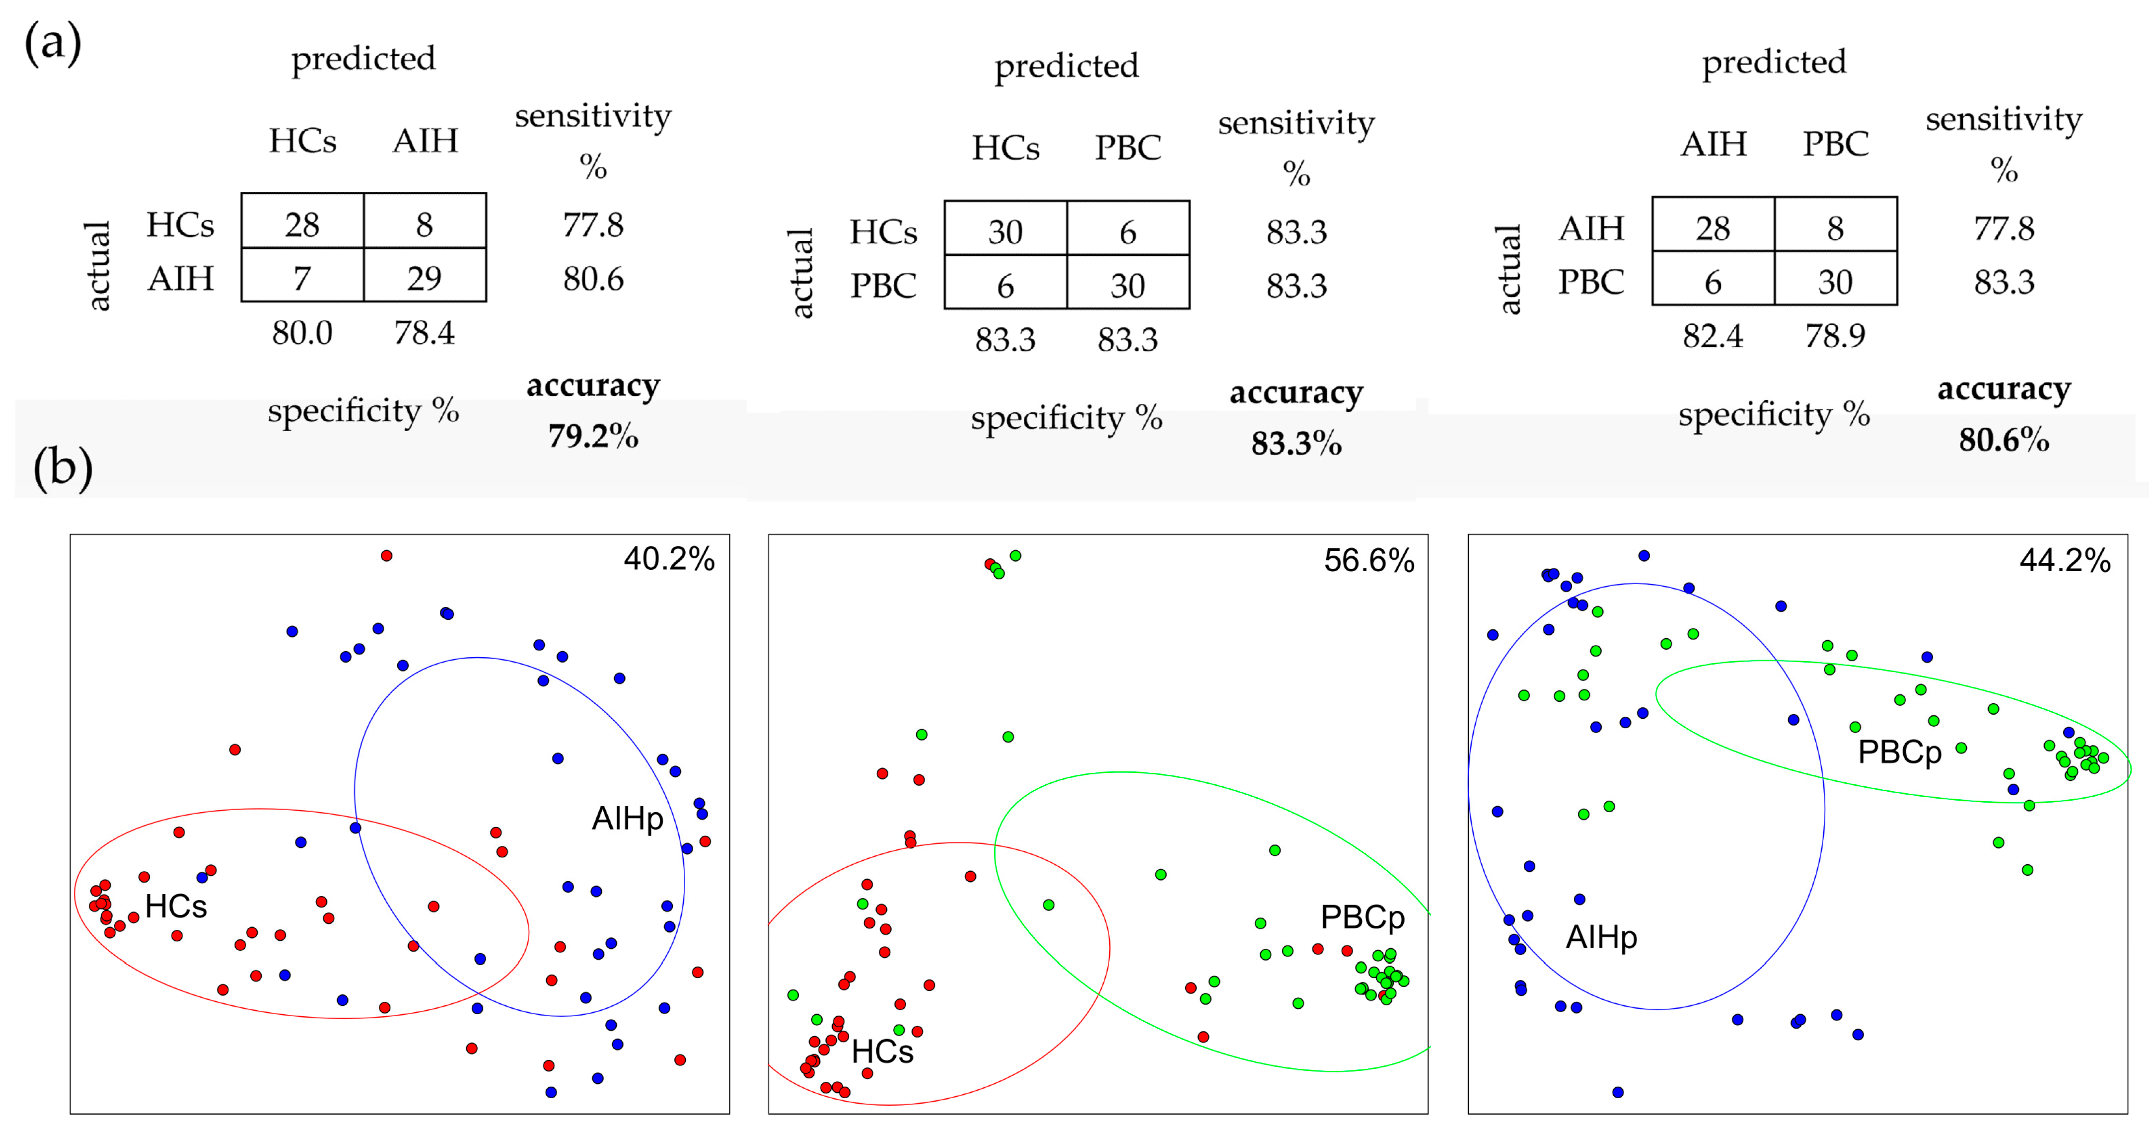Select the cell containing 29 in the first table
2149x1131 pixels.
pyautogui.click(x=424, y=278)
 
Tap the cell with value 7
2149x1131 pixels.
pyautogui.click(x=302, y=278)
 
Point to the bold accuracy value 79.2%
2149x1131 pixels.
pyautogui.click(x=593, y=436)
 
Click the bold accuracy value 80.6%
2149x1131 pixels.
pyautogui.click(x=2004, y=440)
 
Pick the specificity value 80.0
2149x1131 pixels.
pyautogui.click(x=302, y=333)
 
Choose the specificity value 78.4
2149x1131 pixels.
pyautogui.click(x=424, y=333)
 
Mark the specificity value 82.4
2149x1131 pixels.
pyautogui.click(x=1713, y=336)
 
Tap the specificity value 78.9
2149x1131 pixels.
pyautogui.click(x=1835, y=336)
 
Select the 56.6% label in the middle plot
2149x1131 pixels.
pyautogui.click(x=1369, y=561)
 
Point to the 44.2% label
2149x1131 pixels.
pyautogui.click(x=2065, y=561)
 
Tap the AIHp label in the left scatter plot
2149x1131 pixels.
pyautogui.click(x=627, y=819)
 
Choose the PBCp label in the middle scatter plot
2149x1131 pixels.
pyautogui.click(x=1362, y=917)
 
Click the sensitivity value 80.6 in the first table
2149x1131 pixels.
pyautogui.click(x=593, y=279)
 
